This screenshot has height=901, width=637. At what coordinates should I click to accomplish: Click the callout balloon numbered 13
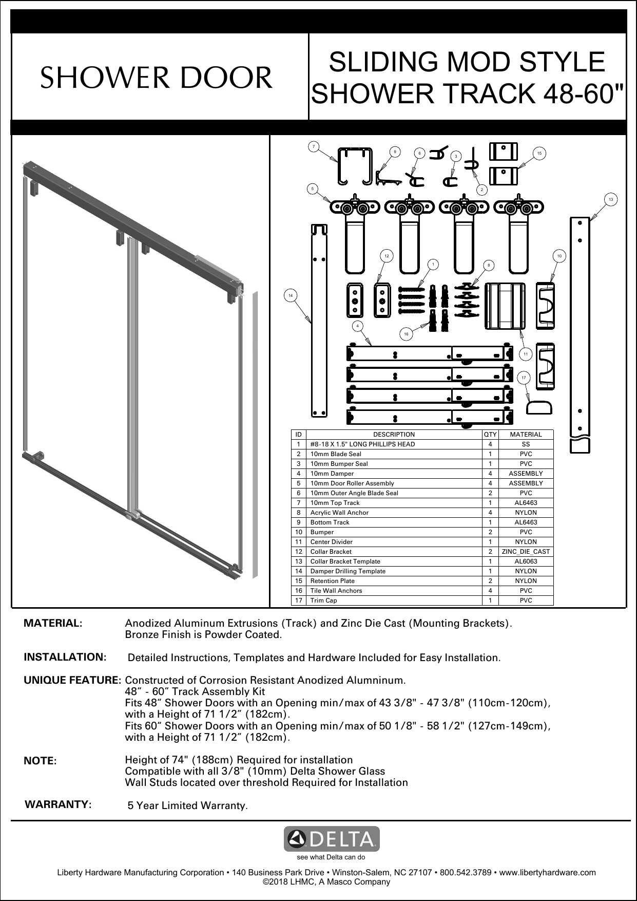(x=610, y=199)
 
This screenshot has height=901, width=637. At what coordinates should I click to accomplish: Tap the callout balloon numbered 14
(x=291, y=295)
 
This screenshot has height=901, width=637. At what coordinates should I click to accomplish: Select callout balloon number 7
(x=313, y=147)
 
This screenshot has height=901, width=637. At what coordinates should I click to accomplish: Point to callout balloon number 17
(x=524, y=378)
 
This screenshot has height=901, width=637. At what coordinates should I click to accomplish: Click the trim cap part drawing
(x=539, y=407)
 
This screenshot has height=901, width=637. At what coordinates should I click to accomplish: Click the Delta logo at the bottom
(x=332, y=839)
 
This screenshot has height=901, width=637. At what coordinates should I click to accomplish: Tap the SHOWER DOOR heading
(x=157, y=78)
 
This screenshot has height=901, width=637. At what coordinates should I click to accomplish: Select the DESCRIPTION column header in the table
(x=394, y=435)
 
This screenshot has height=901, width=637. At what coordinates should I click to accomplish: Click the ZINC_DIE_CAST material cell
(x=526, y=552)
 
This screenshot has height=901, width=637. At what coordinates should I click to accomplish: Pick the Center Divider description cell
(x=332, y=542)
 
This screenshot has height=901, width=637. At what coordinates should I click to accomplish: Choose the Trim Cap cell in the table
(x=324, y=600)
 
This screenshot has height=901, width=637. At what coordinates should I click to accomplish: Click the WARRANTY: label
(x=59, y=804)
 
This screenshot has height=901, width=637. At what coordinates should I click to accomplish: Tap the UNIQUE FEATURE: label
(x=72, y=681)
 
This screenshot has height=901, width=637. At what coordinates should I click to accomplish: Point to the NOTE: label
(x=41, y=761)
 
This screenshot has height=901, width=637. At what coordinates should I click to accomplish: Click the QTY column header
(x=490, y=435)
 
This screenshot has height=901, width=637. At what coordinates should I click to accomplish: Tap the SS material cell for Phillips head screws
(x=526, y=444)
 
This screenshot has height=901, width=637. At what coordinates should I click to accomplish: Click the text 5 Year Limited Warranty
(x=187, y=805)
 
